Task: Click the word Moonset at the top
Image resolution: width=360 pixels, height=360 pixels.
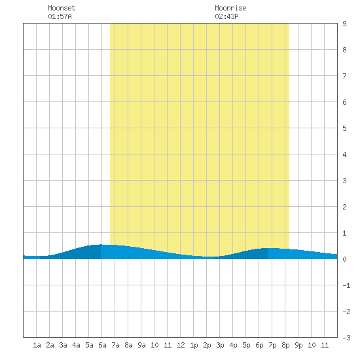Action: pyautogui.click(x=62, y=8)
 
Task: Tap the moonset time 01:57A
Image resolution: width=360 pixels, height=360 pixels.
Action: pyautogui.click(x=60, y=16)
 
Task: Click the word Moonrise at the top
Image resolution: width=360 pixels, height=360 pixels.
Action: pyautogui.click(x=230, y=8)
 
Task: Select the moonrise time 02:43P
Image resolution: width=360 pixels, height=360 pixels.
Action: pyautogui.click(x=226, y=16)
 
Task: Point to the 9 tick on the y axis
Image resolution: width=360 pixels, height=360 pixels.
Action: pyautogui.click(x=344, y=24)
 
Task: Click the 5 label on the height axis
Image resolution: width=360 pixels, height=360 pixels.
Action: pyautogui.click(x=344, y=128)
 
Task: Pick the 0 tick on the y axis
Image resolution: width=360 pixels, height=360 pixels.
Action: pyautogui.click(x=344, y=259)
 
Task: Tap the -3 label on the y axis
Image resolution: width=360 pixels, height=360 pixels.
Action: pyautogui.click(x=346, y=338)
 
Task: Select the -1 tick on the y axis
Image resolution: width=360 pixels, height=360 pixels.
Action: pyautogui.click(x=346, y=285)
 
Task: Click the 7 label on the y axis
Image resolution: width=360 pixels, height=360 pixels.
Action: pyautogui.click(x=344, y=76)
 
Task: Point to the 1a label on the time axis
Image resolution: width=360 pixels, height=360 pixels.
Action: pyautogui.click(x=37, y=345)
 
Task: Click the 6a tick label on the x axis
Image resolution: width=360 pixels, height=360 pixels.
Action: pyautogui.click(x=102, y=345)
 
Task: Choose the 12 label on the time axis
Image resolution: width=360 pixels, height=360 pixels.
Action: pyautogui.click(x=181, y=345)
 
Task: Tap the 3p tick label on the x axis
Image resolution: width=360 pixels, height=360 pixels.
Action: pyautogui.click(x=220, y=345)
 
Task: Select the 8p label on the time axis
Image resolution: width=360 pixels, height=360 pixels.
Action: pyautogui.click(x=285, y=345)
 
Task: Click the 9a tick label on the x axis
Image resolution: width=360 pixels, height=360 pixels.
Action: pyautogui.click(x=141, y=345)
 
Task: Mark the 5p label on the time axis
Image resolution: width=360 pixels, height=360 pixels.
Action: pyautogui.click(x=246, y=345)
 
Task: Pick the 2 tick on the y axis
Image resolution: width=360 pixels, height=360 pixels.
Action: pyautogui.click(x=344, y=207)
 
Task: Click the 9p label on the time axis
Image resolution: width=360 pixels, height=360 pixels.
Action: pyautogui.click(x=298, y=345)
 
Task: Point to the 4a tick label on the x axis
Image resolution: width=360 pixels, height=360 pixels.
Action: pyautogui.click(x=76, y=345)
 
